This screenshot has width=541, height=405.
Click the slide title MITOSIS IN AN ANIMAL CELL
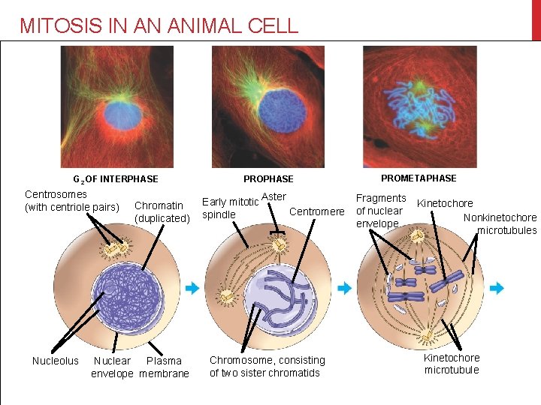pos(159,25)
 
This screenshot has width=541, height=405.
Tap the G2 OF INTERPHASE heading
pos(115,179)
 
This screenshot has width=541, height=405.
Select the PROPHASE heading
pos(268,179)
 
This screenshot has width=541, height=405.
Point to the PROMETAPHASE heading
pos(419,178)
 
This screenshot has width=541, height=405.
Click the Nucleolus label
pos(55,361)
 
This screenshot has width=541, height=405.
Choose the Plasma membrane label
pos(164,367)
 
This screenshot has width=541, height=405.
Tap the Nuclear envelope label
pos(112,367)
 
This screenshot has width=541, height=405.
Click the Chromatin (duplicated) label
pos(162,212)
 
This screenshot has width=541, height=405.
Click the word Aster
pos(274,196)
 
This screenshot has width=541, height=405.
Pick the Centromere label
pos(316,211)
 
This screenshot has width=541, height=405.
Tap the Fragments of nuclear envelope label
pos(380,211)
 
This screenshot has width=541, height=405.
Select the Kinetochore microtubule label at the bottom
pos(452,364)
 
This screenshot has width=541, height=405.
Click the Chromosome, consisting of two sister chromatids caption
pos(267,367)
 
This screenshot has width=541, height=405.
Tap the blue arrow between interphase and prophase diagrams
pos(192,287)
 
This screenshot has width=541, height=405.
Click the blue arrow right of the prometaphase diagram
pos(497,288)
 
